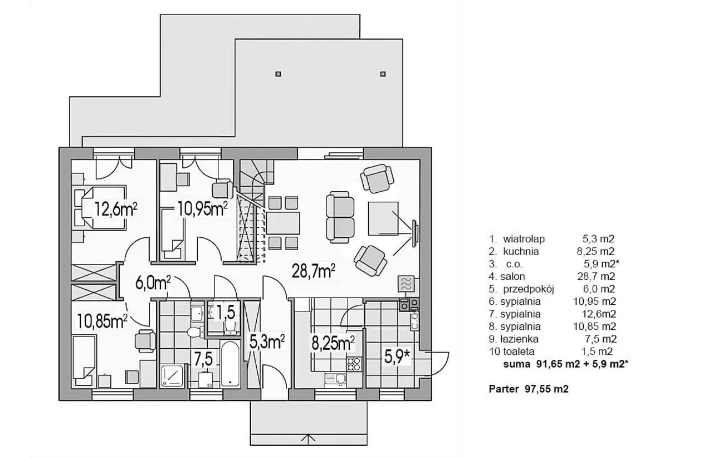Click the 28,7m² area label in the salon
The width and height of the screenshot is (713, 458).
(x=313, y=272)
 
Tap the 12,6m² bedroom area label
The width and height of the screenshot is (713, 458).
(x=116, y=209)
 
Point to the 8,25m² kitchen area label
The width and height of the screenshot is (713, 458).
(x=333, y=343)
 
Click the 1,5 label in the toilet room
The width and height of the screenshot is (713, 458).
(x=226, y=312)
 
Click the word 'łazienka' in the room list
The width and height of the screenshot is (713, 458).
(x=519, y=339)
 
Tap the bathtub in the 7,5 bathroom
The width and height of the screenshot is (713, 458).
(x=230, y=364)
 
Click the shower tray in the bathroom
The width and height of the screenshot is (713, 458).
(x=172, y=376)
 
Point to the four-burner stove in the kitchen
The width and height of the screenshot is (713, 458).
(x=354, y=364)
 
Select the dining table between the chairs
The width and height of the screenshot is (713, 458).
(x=283, y=223)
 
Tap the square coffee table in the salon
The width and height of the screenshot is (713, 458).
(x=383, y=218)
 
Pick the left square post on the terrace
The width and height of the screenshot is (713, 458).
(x=278, y=74)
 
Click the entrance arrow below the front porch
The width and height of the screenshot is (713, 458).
(x=308, y=438)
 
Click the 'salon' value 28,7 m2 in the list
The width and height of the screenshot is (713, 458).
(x=596, y=276)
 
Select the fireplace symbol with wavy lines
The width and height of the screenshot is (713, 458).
(x=407, y=284)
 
